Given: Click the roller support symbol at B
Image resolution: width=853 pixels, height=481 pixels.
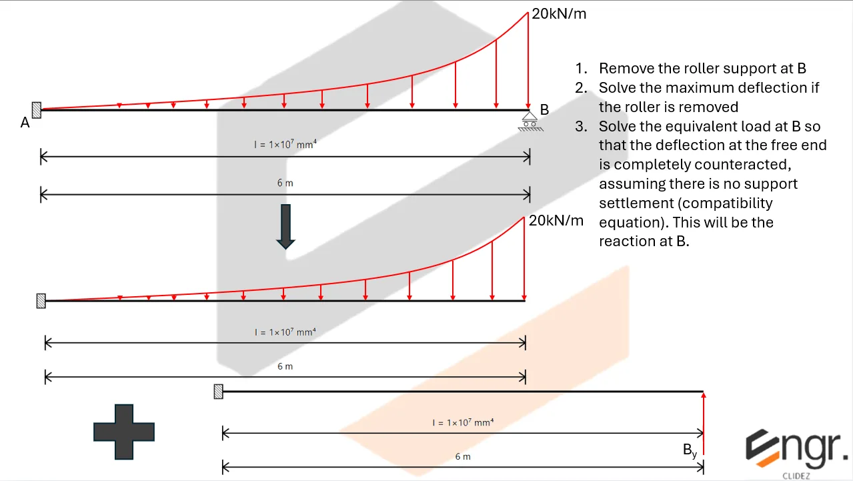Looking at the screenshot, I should tap(531, 122).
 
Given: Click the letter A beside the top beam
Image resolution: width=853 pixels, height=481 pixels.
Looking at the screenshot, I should tap(25, 123).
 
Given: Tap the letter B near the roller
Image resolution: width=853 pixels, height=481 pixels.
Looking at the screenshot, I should tap(544, 110).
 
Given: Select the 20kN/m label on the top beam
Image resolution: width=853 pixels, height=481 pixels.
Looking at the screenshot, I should tap(559, 14).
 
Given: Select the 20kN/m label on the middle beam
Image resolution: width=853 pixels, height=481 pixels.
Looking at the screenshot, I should tap(556, 220).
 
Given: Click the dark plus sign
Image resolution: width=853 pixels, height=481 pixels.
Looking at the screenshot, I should tap(124, 432).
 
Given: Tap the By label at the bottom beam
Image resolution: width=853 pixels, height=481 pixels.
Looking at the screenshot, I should tap(690, 451).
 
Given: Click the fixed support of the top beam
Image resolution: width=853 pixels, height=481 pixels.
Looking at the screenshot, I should tap(37, 111).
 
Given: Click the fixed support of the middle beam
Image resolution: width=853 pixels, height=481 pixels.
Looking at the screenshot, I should tap(41, 301).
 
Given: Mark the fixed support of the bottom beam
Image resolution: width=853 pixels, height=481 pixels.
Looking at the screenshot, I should tap(218, 392).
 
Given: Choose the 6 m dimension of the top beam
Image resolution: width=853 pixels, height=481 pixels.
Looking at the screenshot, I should tap(285, 183).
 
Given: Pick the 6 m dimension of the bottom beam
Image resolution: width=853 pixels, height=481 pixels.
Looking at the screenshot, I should tap(463, 457).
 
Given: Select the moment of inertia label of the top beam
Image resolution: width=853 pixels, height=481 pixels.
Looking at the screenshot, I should tap(285, 144).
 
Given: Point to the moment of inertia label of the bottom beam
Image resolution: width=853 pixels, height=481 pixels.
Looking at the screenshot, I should tap(463, 422).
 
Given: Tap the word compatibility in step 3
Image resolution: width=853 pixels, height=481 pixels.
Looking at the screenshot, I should tap(730, 203).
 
